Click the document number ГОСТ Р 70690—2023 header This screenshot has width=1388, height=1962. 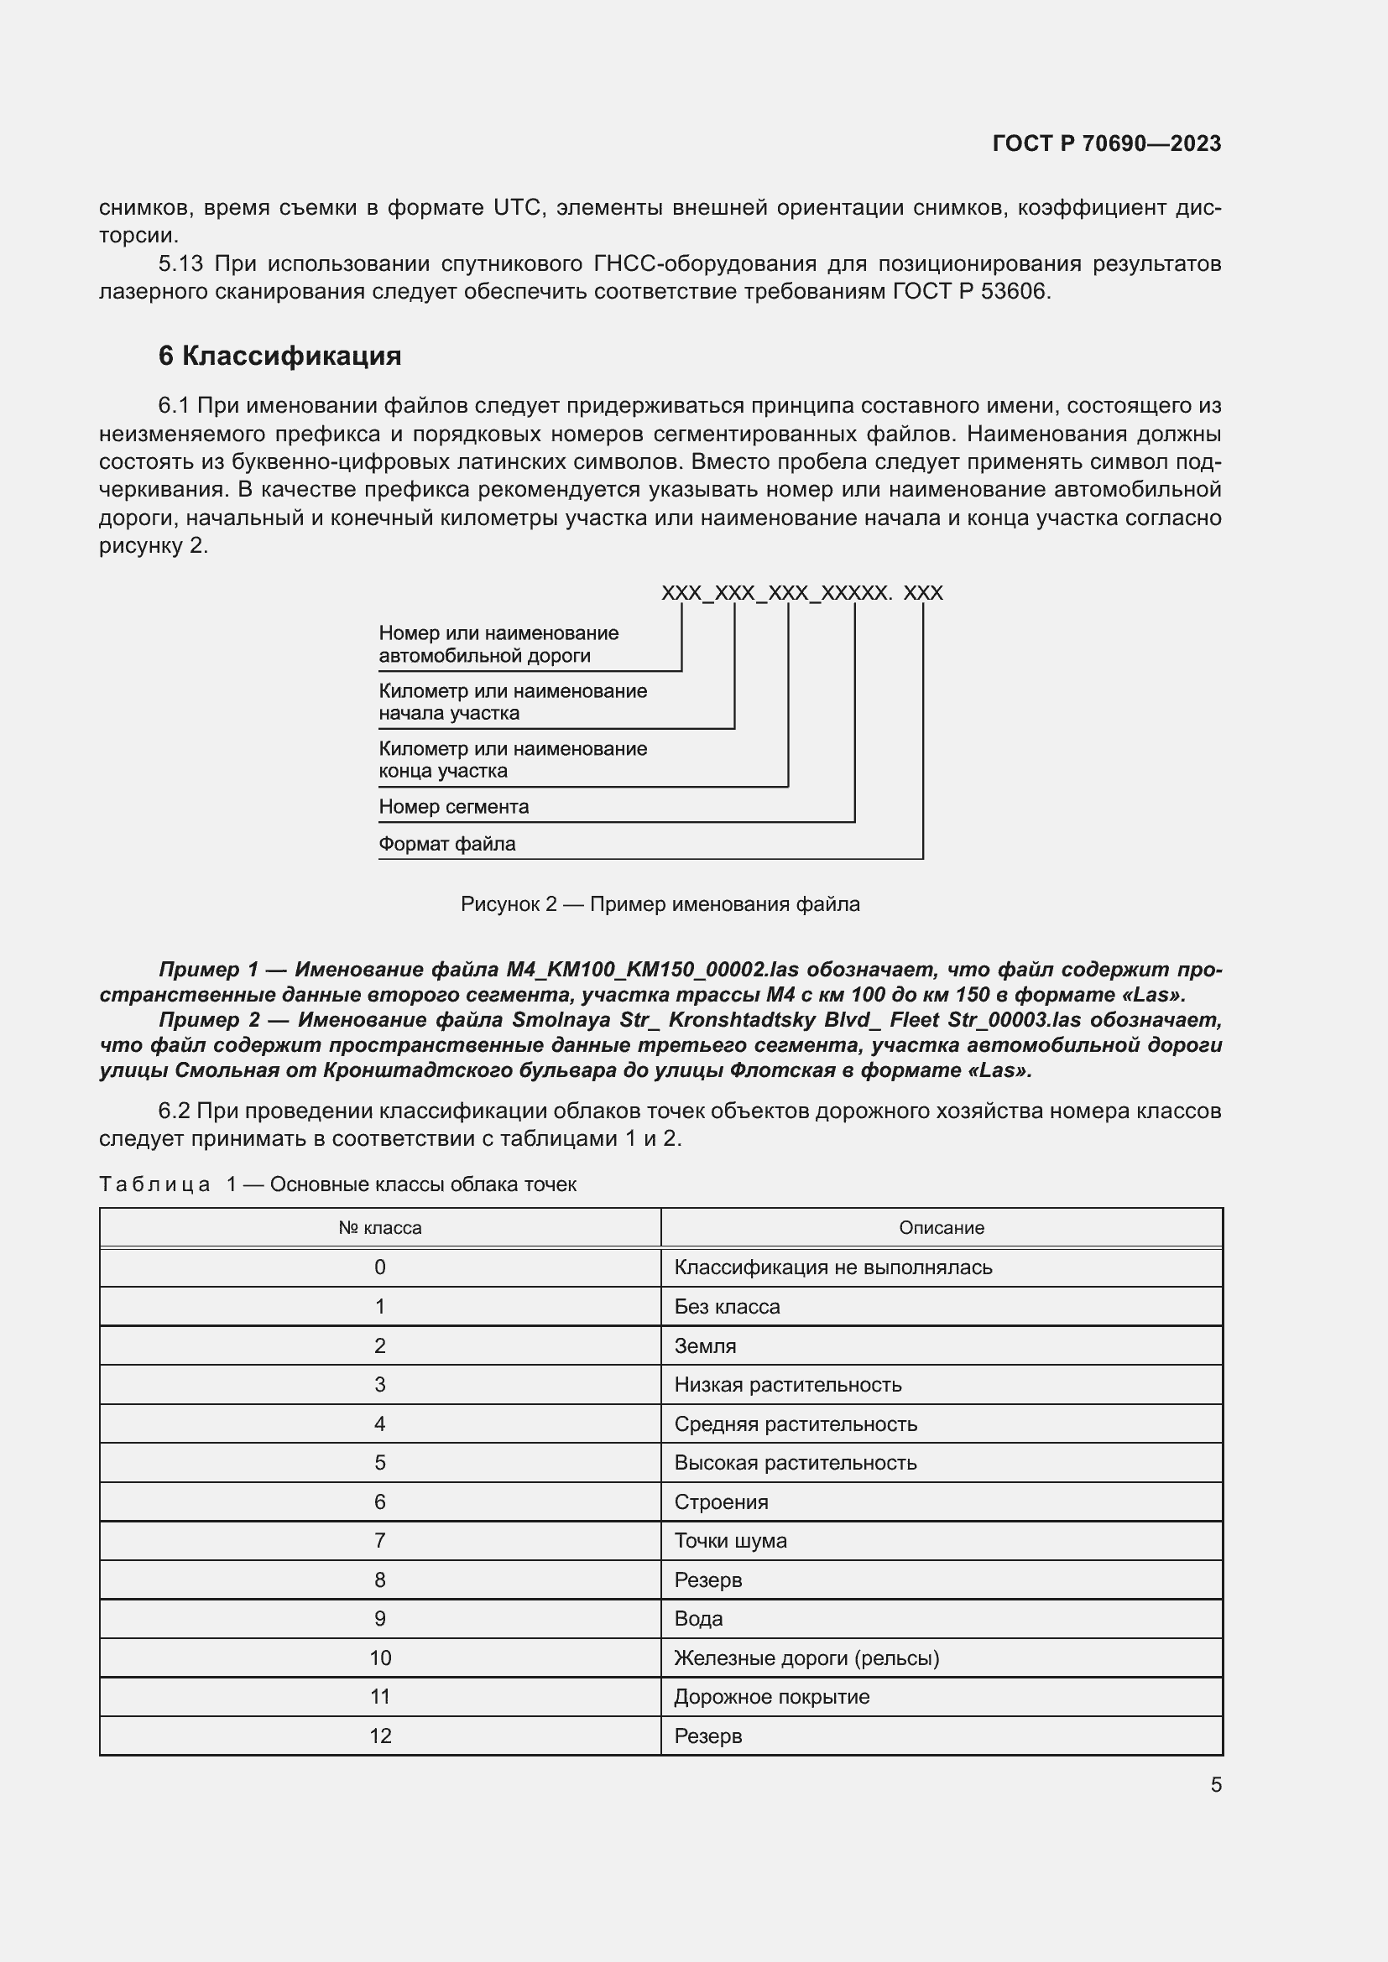pyautogui.click(x=1106, y=143)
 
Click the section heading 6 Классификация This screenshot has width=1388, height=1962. pyautogui.click(x=279, y=356)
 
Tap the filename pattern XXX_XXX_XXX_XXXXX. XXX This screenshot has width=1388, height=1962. pyautogui.click(x=801, y=593)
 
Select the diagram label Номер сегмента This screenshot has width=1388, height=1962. pyautogui.click(x=453, y=807)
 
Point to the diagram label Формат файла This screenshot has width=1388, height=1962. pyautogui.click(x=446, y=845)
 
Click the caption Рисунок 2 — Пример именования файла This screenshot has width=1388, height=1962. pyautogui.click(x=660, y=904)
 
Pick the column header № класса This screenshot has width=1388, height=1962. pyautogui.click(x=379, y=1228)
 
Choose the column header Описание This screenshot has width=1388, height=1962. pyautogui.click(x=941, y=1228)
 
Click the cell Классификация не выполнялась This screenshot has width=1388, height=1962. pyautogui.click(x=832, y=1267)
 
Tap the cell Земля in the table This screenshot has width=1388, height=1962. pyautogui.click(x=704, y=1345)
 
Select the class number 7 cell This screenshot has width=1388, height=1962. pyautogui.click(x=379, y=1541)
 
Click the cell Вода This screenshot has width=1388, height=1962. pyautogui.click(x=698, y=1618)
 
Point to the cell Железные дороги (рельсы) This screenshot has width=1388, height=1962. pyautogui.click(x=806, y=1658)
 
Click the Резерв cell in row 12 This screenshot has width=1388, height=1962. pyautogui.click(x=707, y=1736)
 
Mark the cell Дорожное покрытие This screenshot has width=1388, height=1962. pyautogui.click(x=771, y=1697)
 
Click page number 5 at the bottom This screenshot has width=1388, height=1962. pyautogui.click(x=1215, y=1784)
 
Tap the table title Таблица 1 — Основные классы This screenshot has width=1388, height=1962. pyautogui.click(x=337, y=1184)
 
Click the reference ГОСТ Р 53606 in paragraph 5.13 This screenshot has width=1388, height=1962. pyautogui.click(x=968, y=291)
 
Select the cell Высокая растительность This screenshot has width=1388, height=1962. pyautogui.click(x=795, y=1463)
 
